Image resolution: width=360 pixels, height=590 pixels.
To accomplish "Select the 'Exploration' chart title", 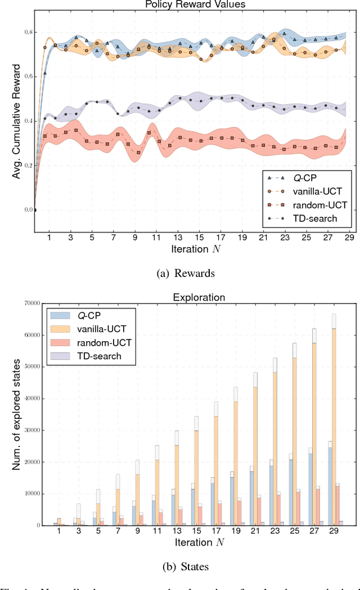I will tap(190, 297).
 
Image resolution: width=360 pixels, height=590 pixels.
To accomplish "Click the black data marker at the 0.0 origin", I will tap(35, 210).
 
